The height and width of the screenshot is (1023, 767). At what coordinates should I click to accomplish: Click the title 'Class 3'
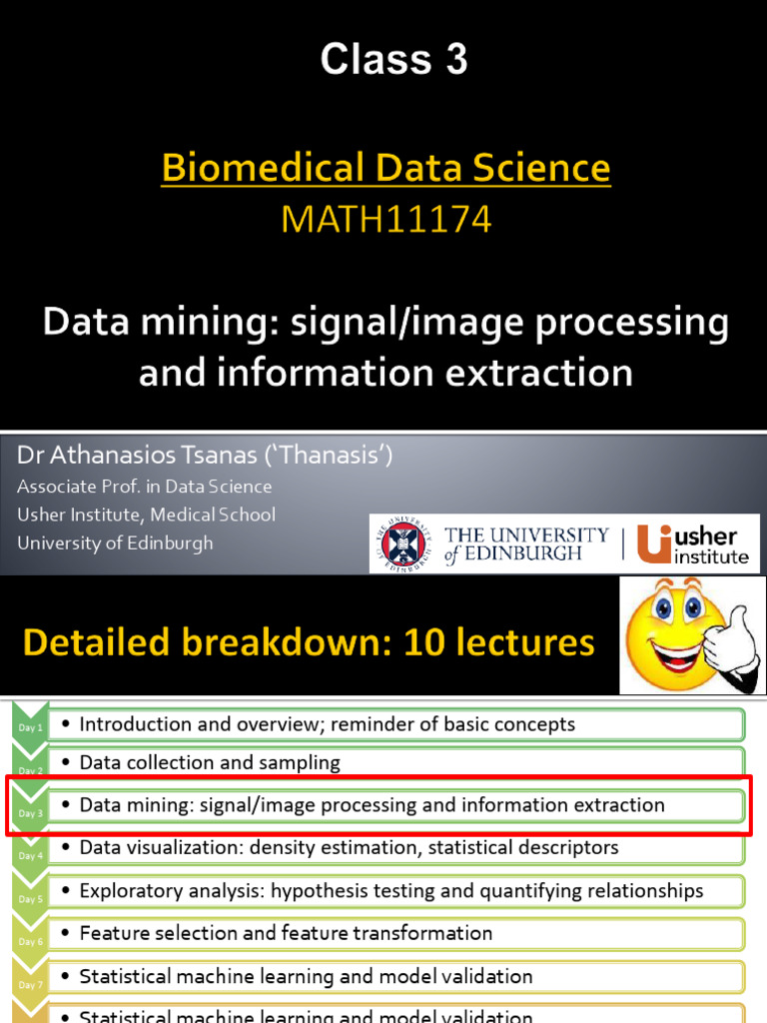click(x=393, y=61)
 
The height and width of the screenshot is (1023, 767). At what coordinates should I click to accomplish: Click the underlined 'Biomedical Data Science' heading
click(x=385, y=169)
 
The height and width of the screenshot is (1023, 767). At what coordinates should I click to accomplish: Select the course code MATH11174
click(x=385, y=219)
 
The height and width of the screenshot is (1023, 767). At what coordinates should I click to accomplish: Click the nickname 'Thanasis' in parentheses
click(x=334, y=457)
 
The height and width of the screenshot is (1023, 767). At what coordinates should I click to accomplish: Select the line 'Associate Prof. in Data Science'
click(x=144, y=487)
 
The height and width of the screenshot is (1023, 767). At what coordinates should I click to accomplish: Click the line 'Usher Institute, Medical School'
click(x=146, y=514)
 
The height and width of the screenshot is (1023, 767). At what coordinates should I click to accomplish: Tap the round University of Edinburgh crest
click(x=403, y=544)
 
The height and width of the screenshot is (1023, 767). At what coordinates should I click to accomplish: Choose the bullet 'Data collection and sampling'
click(x=210, y=762)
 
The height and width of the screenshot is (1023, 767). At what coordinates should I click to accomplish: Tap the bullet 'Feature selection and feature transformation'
click(x=286, y=933)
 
